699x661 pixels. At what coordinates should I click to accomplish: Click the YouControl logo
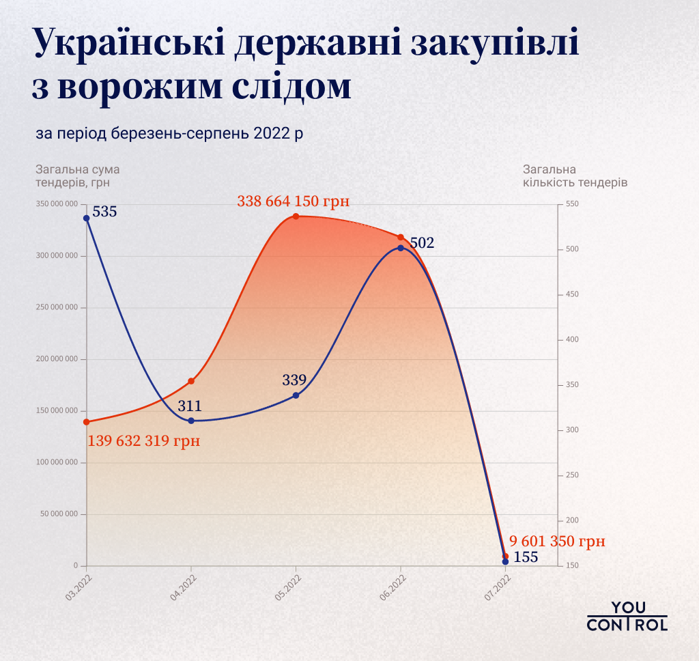click(627, 616)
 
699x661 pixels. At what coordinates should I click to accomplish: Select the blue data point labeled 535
click(87, 219)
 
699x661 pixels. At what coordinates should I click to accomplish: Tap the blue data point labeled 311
click(191, 421)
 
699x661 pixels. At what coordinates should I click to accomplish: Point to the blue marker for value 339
click(296, 395)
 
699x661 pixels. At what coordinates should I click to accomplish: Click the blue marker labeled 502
click(401, 248)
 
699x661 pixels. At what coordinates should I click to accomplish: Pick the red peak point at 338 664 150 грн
click(296, 216)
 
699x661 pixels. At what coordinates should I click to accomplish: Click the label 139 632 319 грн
click(144, 441)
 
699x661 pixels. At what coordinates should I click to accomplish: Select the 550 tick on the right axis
click(572, 204)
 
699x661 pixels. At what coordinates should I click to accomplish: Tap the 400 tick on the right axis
click(572, 339)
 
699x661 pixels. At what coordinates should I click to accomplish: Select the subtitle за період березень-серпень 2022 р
click(169, 132)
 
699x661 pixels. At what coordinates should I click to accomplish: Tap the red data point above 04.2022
click(191, 381)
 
